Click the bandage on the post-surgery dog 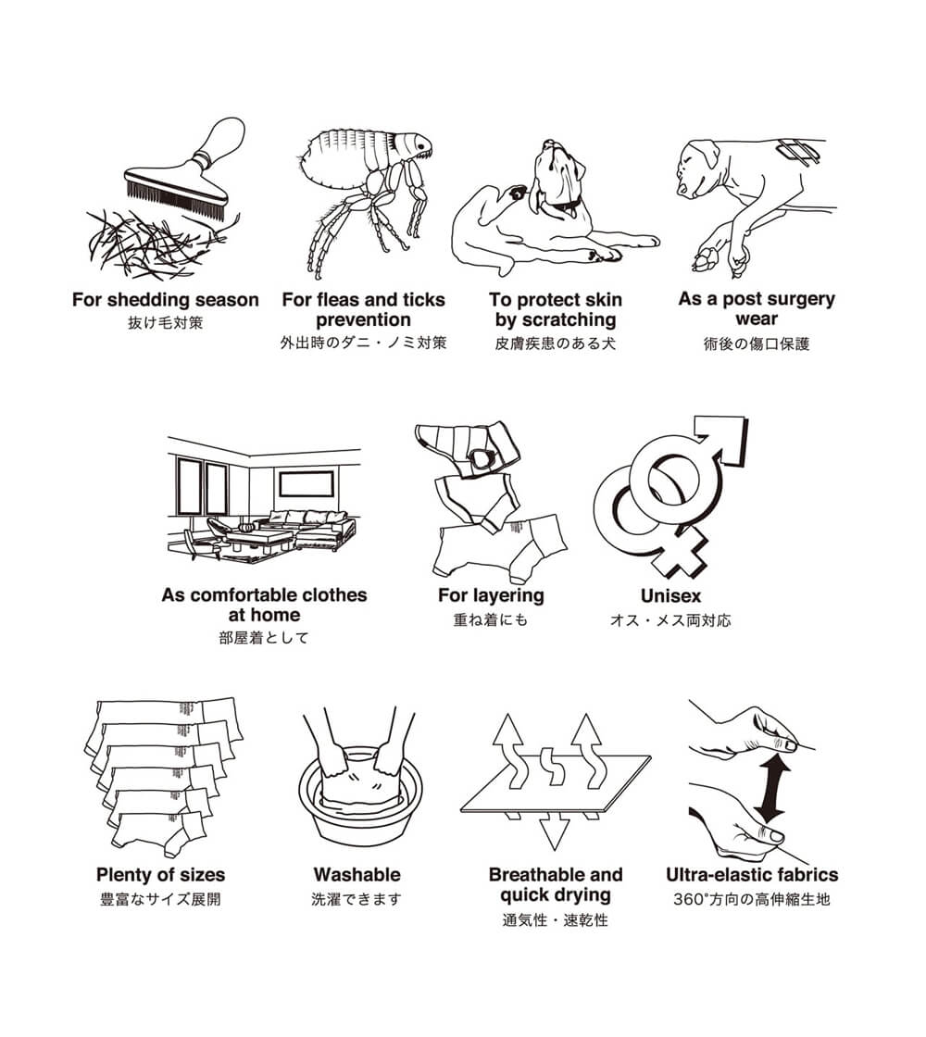[x=799, y=152]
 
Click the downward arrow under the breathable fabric [x=555, y=831]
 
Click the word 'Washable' [x=357, y=874]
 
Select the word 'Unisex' [x=670, y=596]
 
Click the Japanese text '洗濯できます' [x=357, y=899]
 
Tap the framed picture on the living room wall [x=306, y=485]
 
